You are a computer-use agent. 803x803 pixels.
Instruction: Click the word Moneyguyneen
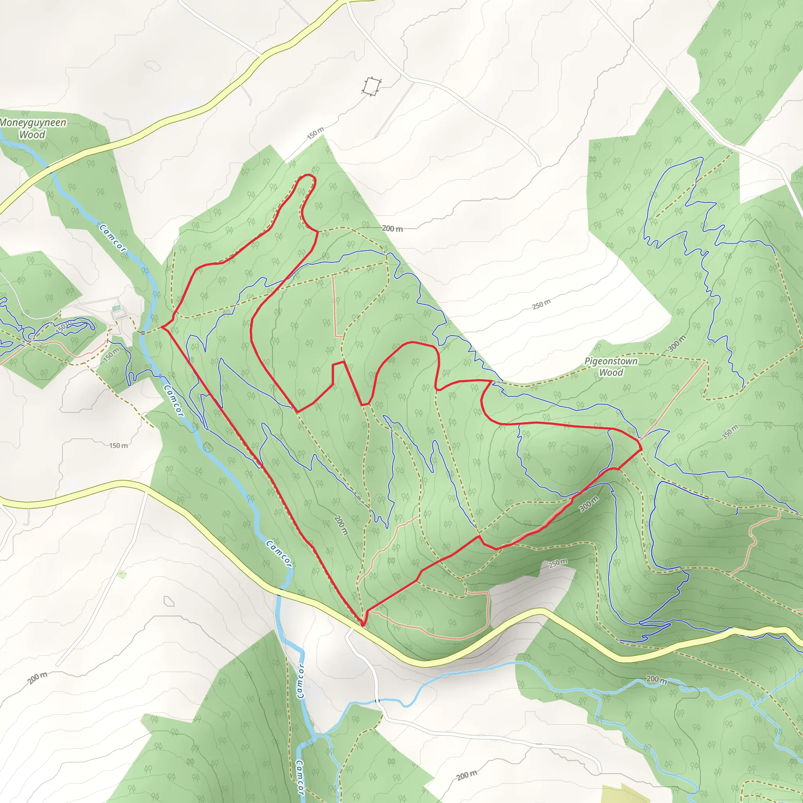[x=33, y=123]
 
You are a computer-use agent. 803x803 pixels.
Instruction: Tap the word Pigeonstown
[x=610, y=361]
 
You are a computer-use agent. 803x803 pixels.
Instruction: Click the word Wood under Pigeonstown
[x=610, y=372]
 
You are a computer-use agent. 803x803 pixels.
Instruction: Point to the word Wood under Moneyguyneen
[x=32, y=134]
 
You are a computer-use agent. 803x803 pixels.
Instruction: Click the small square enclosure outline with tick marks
[x=372, y=86]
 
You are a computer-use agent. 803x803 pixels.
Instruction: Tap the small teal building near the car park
[x=117, y=308]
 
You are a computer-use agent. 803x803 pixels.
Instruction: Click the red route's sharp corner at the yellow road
[x=363, y=625]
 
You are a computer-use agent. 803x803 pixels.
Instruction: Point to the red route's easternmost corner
[x=642, y=449]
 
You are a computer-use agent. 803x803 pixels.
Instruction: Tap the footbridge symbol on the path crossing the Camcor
[x=142, y=332]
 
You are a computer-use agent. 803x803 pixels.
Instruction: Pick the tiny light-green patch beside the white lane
[x=122, y=575]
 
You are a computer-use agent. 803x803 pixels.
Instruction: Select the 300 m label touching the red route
[x=589, y=504]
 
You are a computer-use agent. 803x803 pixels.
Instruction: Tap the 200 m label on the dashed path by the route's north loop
[x=392, y=229]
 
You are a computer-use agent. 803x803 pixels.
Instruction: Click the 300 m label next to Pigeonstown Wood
[x=677, y=344]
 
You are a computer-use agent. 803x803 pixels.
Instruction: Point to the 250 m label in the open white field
[x=541, y=304]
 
